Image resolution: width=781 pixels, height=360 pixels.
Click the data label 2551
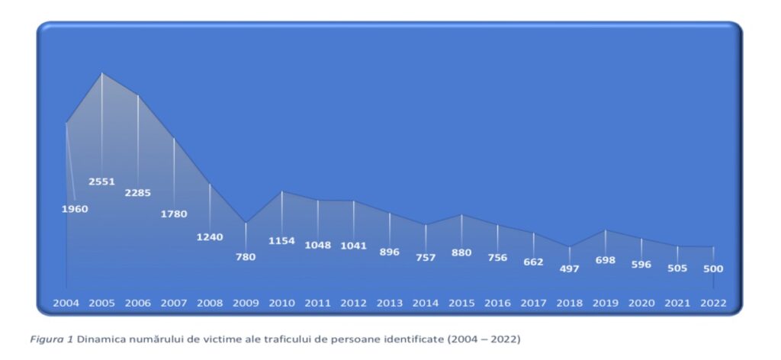tap(101, 182)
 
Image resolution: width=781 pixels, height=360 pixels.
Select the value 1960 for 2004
tap(75, 209)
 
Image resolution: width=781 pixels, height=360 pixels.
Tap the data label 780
tap(246, 257)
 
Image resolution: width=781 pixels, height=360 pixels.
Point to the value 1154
tap(281, 241)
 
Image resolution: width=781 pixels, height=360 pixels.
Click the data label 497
tap(569, 269)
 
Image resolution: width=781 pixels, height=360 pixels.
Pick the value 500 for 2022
tap(713, 268)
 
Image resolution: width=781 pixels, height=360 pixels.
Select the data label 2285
tap(138, 192)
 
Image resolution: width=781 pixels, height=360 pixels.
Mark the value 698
tap(605, 261)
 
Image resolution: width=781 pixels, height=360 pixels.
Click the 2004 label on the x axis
tap(66, 304)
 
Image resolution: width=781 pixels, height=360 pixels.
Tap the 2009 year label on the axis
tap(246, 304)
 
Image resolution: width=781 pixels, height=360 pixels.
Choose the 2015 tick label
tap(461, 304)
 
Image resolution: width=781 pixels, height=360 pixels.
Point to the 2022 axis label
tap(713, 304)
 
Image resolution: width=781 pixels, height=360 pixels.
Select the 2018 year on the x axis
tap(569, 304)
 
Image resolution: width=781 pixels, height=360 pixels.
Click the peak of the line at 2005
tap(102, 73)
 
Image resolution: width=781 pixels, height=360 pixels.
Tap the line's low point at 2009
tap(246, 223)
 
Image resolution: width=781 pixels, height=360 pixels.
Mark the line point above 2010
tap(281, 191)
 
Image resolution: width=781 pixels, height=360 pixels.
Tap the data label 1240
tap(210, 237)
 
